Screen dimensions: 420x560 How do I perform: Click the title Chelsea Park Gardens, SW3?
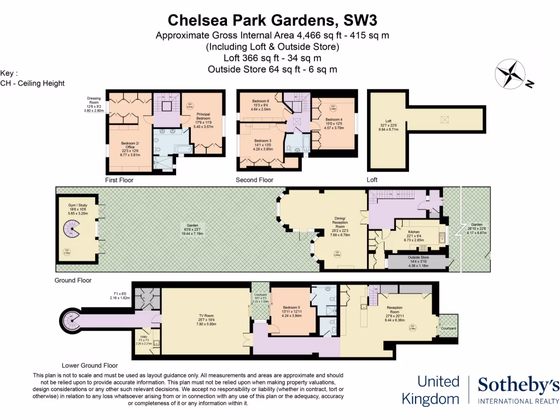272,20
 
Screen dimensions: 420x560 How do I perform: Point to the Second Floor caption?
254,179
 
